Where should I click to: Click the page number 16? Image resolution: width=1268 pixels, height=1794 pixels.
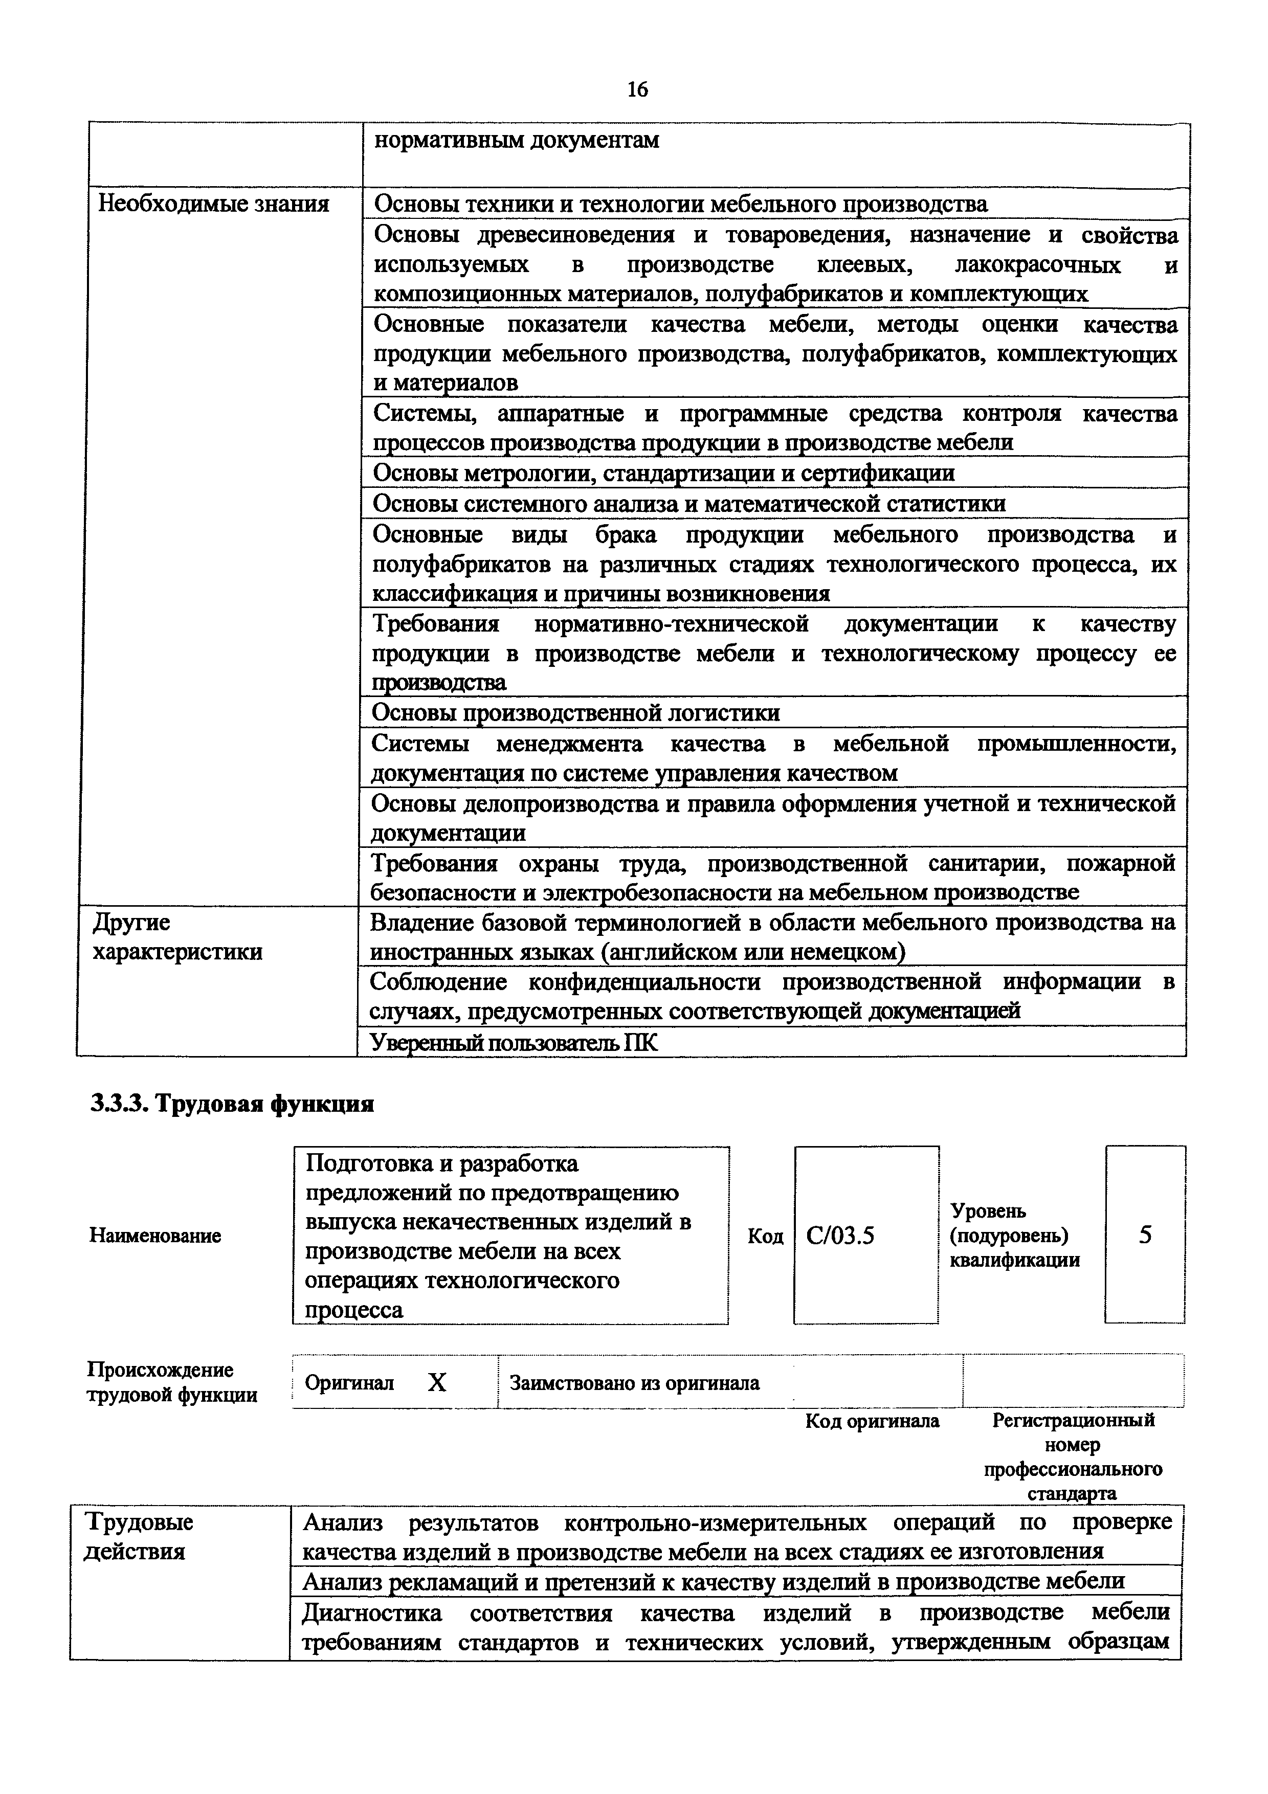[x=637, y=89]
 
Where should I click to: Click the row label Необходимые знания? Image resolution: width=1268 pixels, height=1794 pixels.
[x=212, y=205]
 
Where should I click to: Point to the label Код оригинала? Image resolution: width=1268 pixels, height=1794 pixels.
[x=872, y=1421]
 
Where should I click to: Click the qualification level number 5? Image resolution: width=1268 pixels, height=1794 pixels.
[x=1145, y=1235]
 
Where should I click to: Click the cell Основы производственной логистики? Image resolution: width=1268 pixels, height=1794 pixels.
[x=576, y=712]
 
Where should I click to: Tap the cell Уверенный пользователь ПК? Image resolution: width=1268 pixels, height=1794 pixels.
[x=514, y=1042]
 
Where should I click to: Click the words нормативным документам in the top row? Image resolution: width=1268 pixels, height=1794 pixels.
[x=517, y=141]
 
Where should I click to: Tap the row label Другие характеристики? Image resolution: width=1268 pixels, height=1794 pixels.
[x=178, y=937]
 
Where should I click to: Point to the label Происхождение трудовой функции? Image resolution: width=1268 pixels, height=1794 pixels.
[x=172, y=1383]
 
